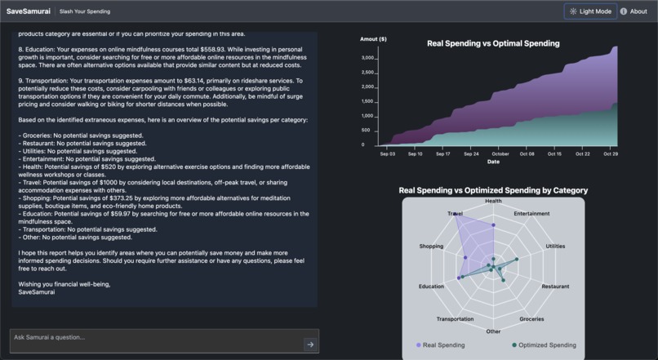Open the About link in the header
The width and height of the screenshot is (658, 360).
(634, 11)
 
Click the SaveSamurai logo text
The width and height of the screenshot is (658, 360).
(29, 11)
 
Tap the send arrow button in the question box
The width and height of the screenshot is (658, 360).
(309, 344)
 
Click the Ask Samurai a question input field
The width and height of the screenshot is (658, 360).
(155, 338)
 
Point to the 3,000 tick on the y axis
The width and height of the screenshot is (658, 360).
(367, 58)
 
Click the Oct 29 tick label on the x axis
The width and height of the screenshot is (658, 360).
(610, 153)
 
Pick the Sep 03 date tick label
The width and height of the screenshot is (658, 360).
(387, 153)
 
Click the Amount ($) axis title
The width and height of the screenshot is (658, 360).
(373, 39)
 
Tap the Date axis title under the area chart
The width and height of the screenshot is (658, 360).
(493, 162)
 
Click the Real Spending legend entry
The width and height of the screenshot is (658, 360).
(440, 345)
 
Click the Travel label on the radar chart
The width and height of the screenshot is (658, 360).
(455, 214)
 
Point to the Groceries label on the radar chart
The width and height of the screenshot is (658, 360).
(531, 319)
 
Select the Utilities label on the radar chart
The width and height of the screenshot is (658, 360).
(555, 246)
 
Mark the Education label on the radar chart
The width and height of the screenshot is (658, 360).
(431, 287)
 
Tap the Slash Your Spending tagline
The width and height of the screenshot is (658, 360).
(85, 11)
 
